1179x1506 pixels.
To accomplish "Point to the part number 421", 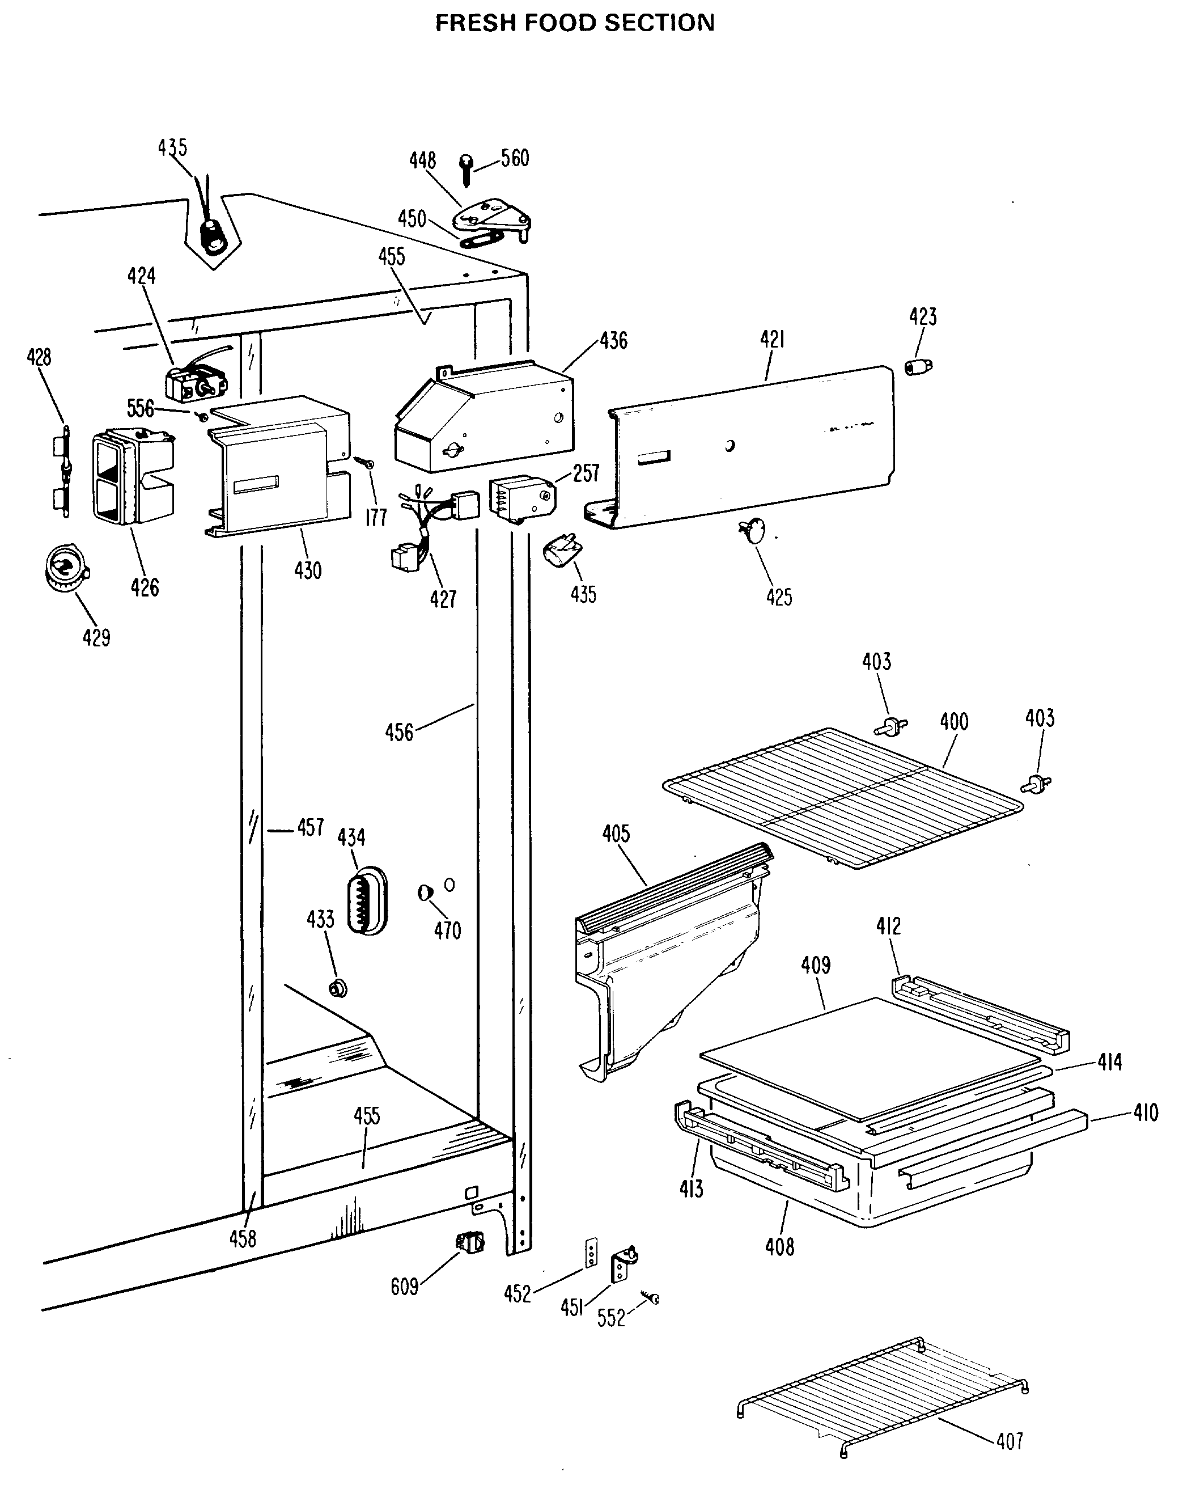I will pos(773,340).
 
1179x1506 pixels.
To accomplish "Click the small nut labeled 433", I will pos(338,989).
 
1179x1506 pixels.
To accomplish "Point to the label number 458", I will pos(242,1239).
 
